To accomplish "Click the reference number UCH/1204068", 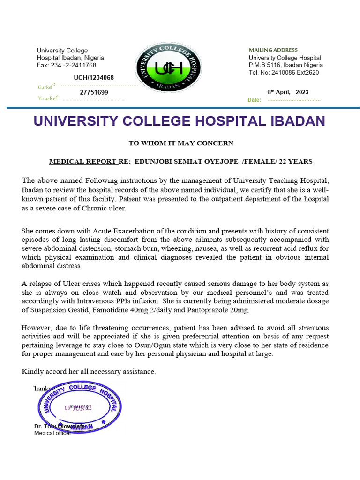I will (x=94, y=78).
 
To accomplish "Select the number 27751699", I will (x=94, y=93).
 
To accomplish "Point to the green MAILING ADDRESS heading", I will (x=273, y=50).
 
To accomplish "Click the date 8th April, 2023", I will (x=288, y=92).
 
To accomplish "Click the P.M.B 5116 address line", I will (x=285, y=65).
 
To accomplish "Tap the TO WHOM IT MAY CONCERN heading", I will (x=181, y=143).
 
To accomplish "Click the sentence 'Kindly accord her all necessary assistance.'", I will (x=89, y=372).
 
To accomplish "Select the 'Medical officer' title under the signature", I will (x=52, y=433).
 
